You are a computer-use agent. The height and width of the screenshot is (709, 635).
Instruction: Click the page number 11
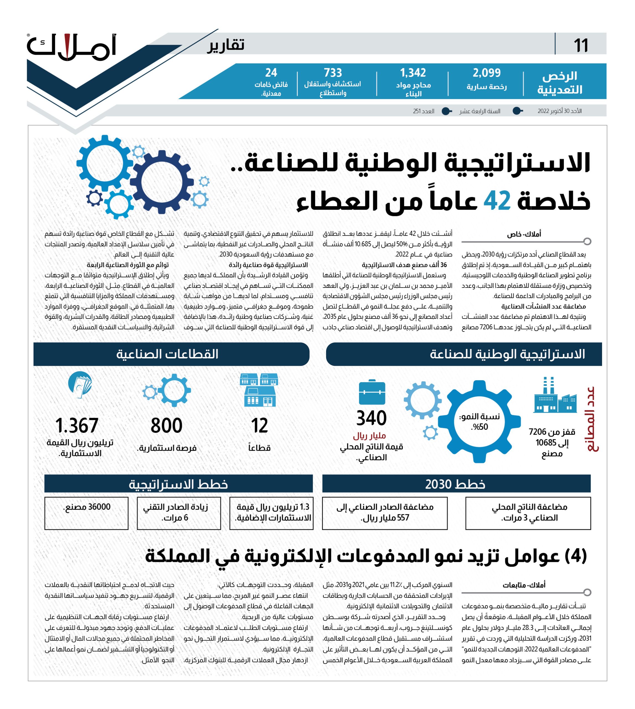tap(581, 45)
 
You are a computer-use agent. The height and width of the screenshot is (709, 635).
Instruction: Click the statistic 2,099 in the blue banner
tap(487, 73)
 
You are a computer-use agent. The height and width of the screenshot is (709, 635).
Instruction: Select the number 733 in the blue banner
tap(332, 73)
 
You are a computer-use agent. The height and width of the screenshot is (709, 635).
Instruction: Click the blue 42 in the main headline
tap(497, 201)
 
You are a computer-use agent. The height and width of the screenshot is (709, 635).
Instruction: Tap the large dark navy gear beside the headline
tap(162, 182)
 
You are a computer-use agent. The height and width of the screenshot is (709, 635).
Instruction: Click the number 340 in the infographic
tap(371, 418)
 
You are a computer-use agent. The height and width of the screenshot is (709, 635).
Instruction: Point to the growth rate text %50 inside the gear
tap(480, 427)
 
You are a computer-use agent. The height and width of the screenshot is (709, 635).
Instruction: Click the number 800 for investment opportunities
tap(167, 425)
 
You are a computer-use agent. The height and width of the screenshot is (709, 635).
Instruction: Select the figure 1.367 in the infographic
tap(77, 425)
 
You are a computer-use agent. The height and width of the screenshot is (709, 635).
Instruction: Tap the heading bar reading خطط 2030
tap(456, 484)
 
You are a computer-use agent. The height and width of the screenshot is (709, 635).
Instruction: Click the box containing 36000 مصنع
tap(86, 513)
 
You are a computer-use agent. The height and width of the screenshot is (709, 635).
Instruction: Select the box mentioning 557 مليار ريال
tap(385, 513)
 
